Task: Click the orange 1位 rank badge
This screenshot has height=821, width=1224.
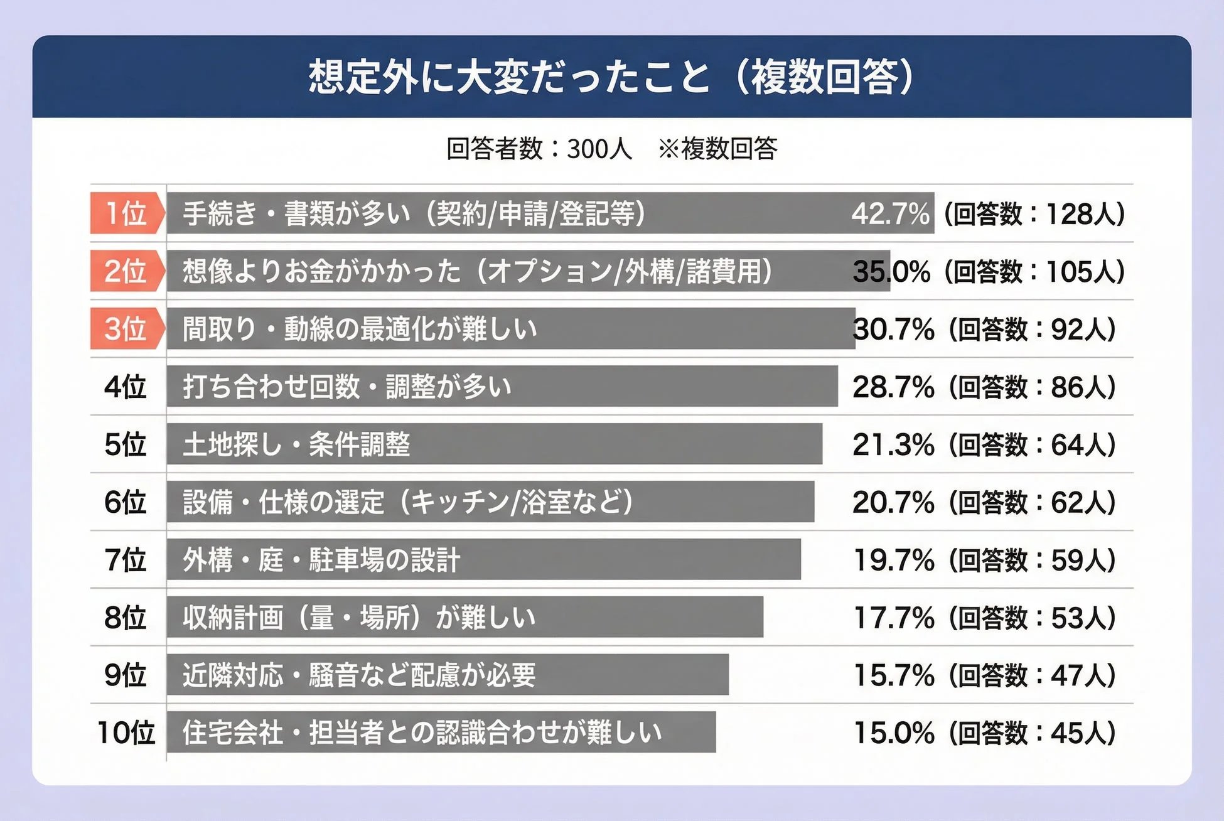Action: pos(126,213)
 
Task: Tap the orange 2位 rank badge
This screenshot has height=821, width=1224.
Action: pos(126,271)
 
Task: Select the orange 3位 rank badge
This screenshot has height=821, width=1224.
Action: pos(126,329)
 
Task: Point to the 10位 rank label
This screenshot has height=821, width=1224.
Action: pos(126,732)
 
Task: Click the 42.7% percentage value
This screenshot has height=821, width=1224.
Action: pos(890,213)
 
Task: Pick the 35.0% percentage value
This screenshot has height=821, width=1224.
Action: pos(891,271)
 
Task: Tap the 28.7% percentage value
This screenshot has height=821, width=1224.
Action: pos(893,387)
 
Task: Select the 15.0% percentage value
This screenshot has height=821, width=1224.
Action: pos(893,732)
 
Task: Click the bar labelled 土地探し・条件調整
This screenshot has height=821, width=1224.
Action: pos(494,444)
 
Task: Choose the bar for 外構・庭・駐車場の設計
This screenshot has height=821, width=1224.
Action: pos(483,559)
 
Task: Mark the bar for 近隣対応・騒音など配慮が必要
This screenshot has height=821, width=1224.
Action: pos(447,675)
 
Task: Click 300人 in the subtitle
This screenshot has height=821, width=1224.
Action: pos(599,149)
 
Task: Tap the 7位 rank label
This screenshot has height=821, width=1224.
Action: pos(126,559)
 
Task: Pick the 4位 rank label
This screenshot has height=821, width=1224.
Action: pos(126,387)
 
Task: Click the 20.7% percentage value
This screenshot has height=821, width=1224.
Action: pos(893,502)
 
